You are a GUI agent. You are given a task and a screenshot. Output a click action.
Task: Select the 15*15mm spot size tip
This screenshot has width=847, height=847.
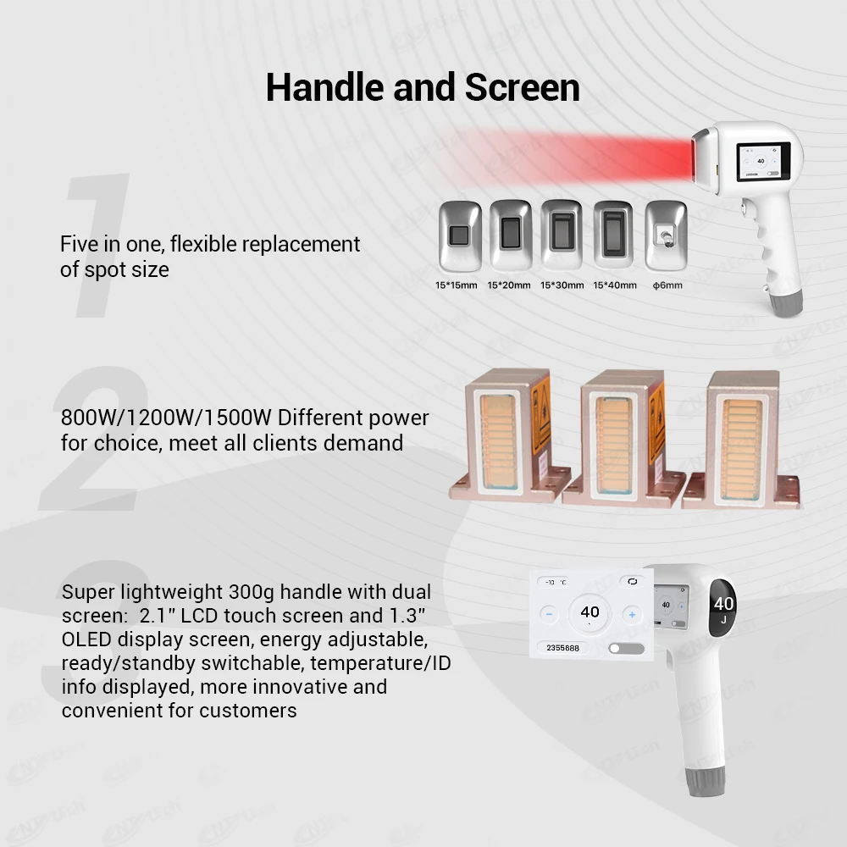point(458,236)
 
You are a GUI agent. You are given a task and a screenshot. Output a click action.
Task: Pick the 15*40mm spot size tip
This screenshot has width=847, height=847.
point(613,235)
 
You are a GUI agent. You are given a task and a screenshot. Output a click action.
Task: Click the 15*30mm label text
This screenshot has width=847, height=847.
point(562,285)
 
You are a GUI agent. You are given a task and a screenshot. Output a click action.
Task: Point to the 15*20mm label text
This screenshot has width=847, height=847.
point(510,285)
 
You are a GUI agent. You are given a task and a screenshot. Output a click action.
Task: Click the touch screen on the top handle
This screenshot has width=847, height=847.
point(761,162)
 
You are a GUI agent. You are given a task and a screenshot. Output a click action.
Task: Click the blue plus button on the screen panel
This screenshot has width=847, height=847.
point(631,614)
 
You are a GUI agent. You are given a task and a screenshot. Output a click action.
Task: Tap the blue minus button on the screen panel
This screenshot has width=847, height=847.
point(549,614)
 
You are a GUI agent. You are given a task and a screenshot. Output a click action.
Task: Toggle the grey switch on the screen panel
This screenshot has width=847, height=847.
point(626,648)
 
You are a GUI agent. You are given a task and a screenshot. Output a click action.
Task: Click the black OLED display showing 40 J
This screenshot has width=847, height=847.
point(724,607)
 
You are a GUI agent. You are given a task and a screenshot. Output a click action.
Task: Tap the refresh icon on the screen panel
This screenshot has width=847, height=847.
point(631,582)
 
